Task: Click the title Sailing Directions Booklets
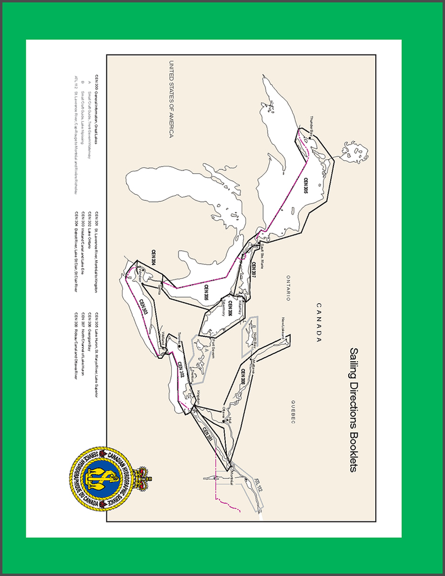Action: [x=354, y=409]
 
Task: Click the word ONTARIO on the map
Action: [x=288, y=287]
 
